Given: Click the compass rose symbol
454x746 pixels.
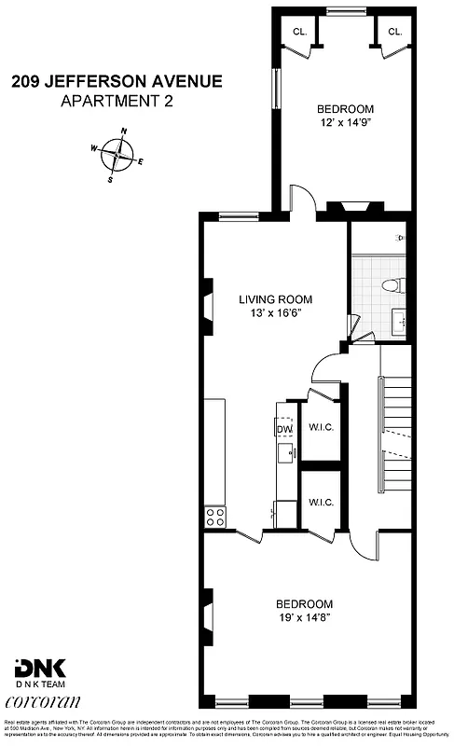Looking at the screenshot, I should click(118, 154).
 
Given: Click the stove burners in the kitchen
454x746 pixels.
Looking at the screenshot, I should click(215, 517).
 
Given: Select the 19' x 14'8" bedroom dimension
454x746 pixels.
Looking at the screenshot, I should click(303, 616).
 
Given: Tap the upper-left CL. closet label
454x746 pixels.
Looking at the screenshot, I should click(299, 32).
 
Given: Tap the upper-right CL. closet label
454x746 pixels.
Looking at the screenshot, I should click(394, 32).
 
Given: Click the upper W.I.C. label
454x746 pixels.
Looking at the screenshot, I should click(321, 429).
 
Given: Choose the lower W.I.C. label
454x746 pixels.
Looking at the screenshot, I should click(321, 503).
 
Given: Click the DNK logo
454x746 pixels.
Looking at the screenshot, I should click(34, 668).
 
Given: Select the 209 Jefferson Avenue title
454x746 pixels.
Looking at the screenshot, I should click(117, 82).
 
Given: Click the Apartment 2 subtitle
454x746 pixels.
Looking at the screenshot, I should click(117, 100).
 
